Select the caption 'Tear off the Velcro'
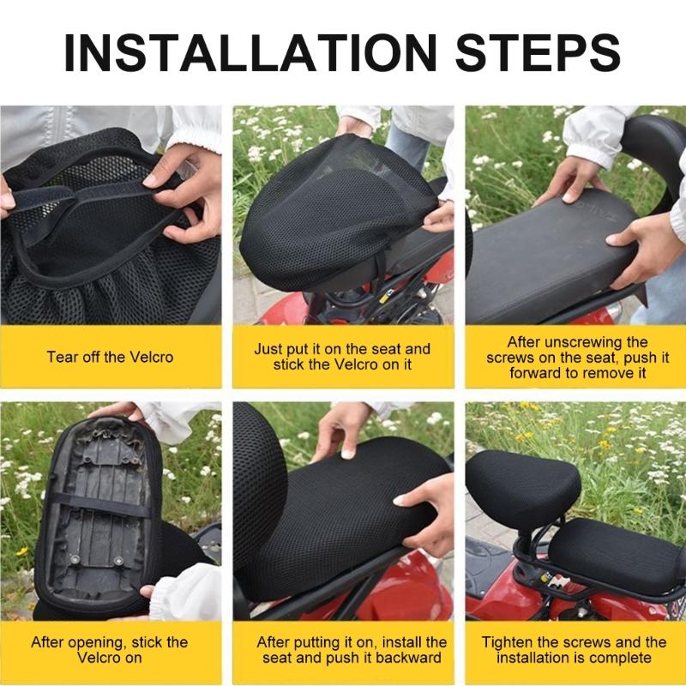point(111,357)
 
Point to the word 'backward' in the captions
point(410,658)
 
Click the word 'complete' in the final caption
point(621,658)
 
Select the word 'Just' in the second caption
point(269,349)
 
